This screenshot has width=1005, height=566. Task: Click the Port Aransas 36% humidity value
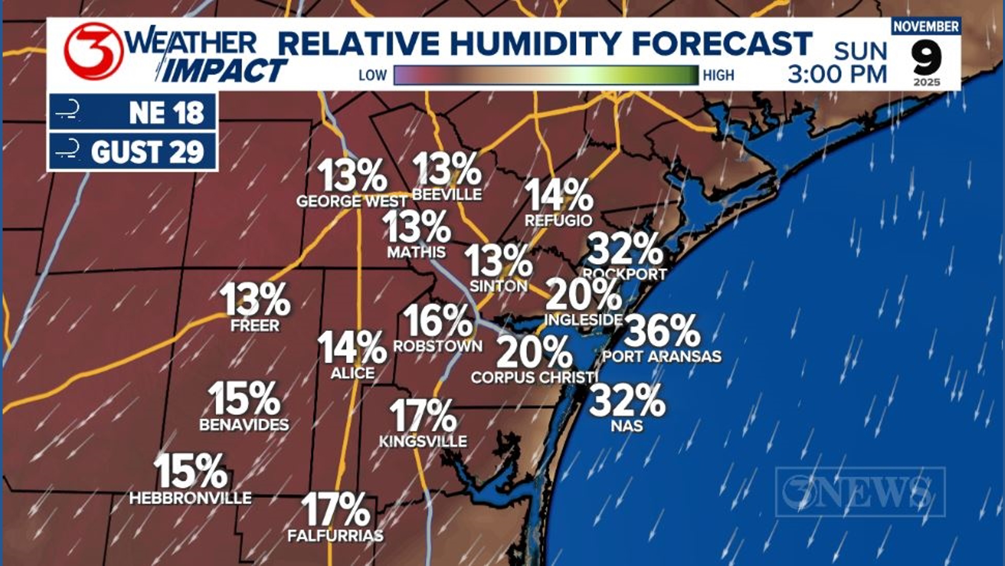[662, 331]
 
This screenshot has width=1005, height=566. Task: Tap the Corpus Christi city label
[534, 377]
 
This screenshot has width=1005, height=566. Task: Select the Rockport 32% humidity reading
[625, 249]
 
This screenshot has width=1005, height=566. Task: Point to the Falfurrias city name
[336, 536]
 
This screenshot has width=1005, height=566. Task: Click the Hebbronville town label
[191, 497]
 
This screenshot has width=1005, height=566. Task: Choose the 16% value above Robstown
[438, 321]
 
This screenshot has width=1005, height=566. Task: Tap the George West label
[352, 201]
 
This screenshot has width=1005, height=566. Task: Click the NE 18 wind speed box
[133, 112]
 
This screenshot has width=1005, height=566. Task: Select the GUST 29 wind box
[133, 152]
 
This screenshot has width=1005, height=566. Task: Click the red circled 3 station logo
[93, 51]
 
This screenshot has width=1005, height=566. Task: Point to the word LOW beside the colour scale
[372, 75]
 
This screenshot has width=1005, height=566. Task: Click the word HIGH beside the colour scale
[718, 75]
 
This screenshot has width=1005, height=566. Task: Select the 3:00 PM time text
[837, 74]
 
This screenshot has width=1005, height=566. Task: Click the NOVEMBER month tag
[926, 26]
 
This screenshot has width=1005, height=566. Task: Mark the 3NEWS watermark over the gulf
[860, 492]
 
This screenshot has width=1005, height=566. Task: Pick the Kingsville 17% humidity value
[423, 416]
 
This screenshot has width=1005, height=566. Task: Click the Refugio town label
[559, 221]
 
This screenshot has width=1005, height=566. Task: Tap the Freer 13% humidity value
[255, 300]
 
